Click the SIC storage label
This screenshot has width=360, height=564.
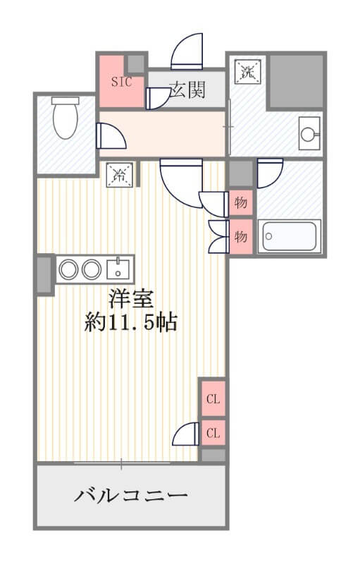click(121, 82)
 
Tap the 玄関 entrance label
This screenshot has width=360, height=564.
click(187, 90)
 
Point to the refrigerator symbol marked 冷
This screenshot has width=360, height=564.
click(119, 175)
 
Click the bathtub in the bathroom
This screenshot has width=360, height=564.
click(290, 236)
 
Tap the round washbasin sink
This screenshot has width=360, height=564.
click(309, 134)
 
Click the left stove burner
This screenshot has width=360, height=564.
click(68, 269)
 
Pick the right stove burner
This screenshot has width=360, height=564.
click(92, 269)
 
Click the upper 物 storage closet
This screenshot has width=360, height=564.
click(241, 203)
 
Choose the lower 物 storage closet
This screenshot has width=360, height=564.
click(241, 236)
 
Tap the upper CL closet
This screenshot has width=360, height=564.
click(213, 398)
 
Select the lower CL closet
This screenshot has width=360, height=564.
click(213, 433)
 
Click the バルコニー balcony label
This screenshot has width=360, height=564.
click(131, 496)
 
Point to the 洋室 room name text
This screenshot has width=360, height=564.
click(131, 299)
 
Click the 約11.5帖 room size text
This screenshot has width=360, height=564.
click(131, 322)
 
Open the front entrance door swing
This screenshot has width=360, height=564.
click(187, 51)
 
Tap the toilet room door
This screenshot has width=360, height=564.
click(111, 136)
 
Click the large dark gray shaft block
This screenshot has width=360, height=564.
click(296, 81)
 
